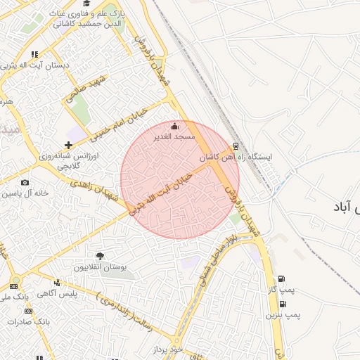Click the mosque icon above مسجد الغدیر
[175, 126]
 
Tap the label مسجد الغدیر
[175, 136]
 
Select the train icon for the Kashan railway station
[236, 147]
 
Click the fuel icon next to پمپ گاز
[282, 279]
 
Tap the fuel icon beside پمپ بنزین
[283, 304]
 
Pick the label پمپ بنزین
[283, 315]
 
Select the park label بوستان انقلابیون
[100, 268]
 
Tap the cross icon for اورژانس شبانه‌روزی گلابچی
[68, 145]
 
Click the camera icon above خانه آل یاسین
[25, 183]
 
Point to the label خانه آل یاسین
[25, 193]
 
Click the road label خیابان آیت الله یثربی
[161, 190]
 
